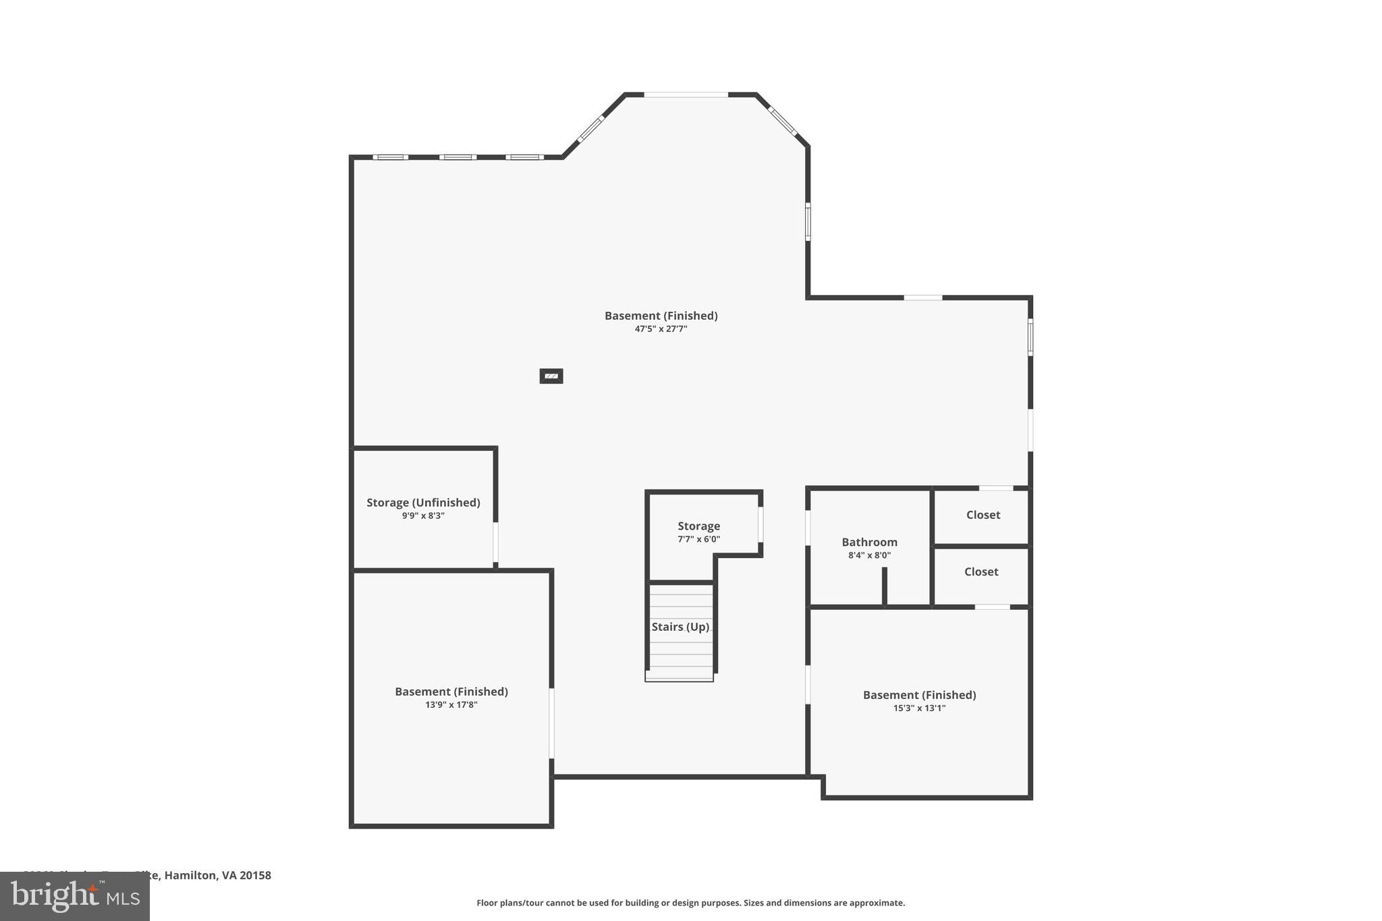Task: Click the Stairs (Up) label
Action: [680, 627]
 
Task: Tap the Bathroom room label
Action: [869, 542]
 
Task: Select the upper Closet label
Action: [983, 515]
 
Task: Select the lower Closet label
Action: [980, 571]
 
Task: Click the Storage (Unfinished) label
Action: [423, 503]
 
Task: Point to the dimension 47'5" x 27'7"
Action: [661, 329]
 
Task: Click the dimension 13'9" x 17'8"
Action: [451, 704]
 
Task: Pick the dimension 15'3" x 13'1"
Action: [919, 708]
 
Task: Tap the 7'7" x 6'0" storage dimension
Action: [698, 539]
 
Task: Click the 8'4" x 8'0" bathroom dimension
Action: [869, 555]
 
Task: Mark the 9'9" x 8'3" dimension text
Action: [423, 515]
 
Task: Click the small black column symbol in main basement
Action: [551, 376]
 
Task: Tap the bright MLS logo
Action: [75, 896]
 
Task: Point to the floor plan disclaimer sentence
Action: [690, 903]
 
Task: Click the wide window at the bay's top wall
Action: [686, 94]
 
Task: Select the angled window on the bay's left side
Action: [590, 128]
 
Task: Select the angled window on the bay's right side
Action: [783, 121]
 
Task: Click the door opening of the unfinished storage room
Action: [495, 542]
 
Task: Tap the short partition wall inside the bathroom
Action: [884, 586]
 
